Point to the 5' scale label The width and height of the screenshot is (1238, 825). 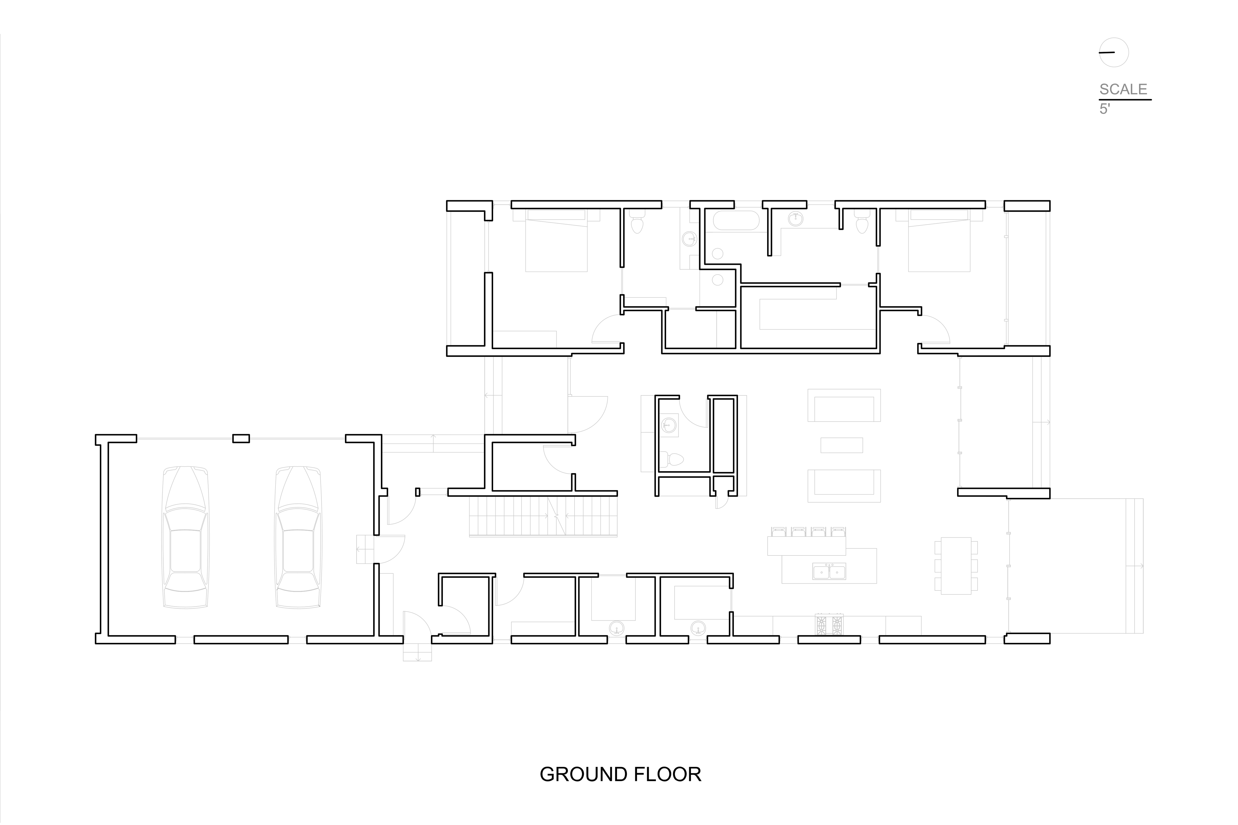point(1104,109)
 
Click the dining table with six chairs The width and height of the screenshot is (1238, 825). point(956,566)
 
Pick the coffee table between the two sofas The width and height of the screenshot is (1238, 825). point(842,445)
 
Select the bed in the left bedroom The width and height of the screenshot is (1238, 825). point(556,240)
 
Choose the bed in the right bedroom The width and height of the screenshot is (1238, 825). point(940,240)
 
